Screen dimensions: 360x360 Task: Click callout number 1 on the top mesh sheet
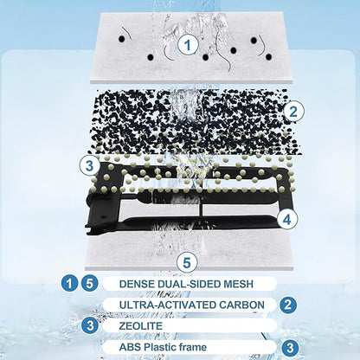click(188, 45)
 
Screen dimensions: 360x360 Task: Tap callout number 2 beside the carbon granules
click(293, 112)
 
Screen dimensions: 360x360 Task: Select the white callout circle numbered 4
click(286, 220)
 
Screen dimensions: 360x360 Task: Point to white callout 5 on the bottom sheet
click(187, 263)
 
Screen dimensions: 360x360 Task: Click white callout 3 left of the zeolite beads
click(90, 166)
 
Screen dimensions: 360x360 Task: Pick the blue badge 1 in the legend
click(69, 284)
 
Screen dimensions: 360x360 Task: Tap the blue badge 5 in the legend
click(90, 284)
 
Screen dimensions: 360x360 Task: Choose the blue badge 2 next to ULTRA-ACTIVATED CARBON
click(288, 305)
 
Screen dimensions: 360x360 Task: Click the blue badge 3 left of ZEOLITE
click(90, 325)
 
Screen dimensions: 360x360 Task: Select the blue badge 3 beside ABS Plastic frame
click(290, 348)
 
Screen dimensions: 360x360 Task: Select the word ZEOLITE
click(141, 326)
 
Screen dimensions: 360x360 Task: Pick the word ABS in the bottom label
click(130, 347)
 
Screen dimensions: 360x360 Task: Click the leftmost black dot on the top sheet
click(122, 38)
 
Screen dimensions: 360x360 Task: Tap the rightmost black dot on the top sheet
click(269, 57)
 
